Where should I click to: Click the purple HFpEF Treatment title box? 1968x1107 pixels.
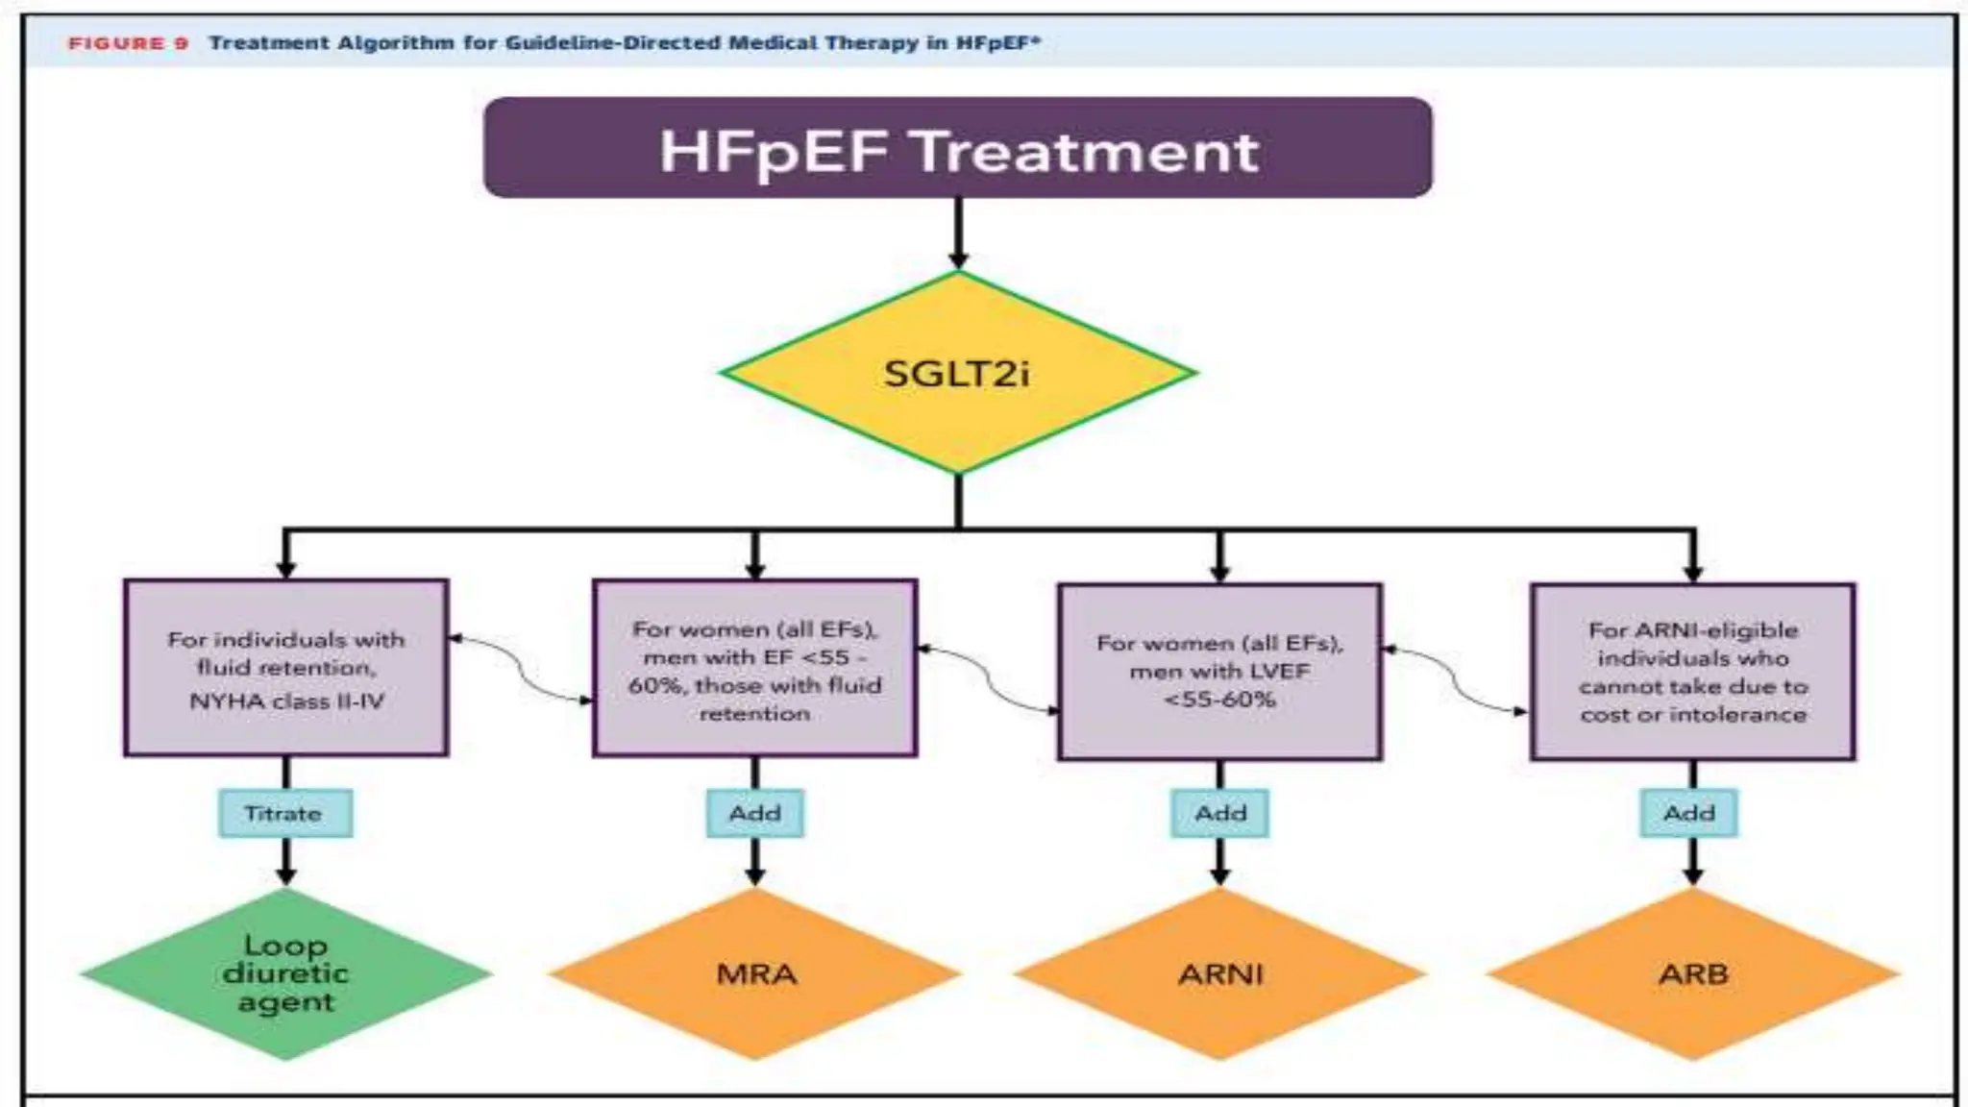click(x=957, y=148)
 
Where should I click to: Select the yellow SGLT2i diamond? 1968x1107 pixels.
click(x=957, y=373)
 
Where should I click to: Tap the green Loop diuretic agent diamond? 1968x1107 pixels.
click(x=285, y=973)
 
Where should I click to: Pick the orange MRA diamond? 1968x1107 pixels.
click(x=755, y=973)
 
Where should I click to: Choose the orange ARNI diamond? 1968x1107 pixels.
click(x=1220, y=973)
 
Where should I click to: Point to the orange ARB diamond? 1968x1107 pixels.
click(x=1693, y=973)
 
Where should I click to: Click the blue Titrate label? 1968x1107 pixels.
click(x=284, y=813)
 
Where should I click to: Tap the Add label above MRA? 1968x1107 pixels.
click(x=755, y=813)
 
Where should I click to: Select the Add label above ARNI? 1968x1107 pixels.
click(x=1220, y=813)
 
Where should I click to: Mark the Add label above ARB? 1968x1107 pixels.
click(x=1689, y=813)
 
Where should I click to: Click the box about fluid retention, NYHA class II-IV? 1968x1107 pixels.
click(x=286, y=669)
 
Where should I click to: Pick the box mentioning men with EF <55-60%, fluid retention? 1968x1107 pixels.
click(x=755, y=669)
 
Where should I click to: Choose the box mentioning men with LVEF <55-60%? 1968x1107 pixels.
click(x=1220, y=671)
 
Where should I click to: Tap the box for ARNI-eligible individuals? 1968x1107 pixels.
click(x=1693, y=671)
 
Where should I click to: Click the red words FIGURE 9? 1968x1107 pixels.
click(x=128, y=43)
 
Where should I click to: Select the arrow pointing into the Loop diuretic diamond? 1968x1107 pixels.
click(x=285, y=861)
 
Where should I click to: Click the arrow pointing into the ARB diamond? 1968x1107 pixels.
click(x=1693, y=861)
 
